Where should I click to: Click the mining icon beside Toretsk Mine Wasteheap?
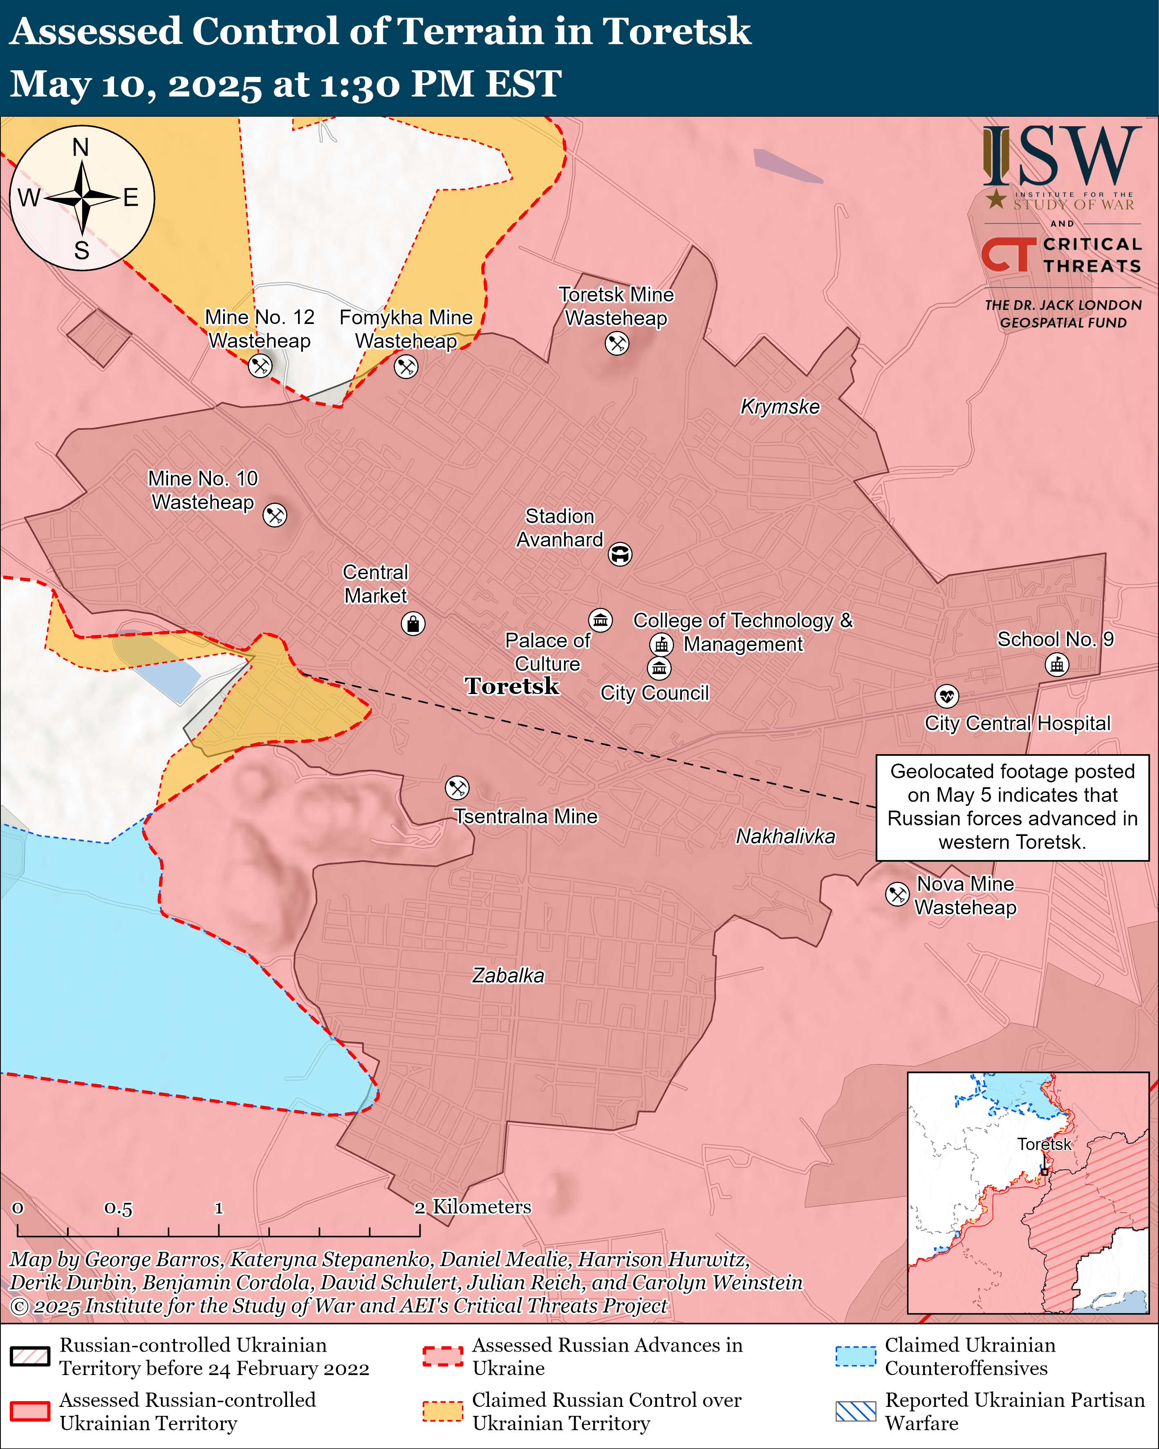[617, 344]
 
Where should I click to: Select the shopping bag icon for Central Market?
[412, 624]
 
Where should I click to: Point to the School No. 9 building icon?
[1057, 665]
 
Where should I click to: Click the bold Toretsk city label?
[512, 686]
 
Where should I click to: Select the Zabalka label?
[508, 975]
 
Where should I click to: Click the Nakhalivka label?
[785, 836]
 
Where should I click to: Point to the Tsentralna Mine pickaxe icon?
[457, 788]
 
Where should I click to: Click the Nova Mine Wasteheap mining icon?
[897, 894]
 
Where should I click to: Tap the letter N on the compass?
[81, 147]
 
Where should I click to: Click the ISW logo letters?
[1062, 157]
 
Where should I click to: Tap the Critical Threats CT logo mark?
[1008, 255]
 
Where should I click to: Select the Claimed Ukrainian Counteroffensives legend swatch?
[855, 1356]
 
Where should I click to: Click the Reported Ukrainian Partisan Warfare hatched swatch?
[855, 1411]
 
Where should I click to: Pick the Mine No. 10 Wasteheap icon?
[274, 515]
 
